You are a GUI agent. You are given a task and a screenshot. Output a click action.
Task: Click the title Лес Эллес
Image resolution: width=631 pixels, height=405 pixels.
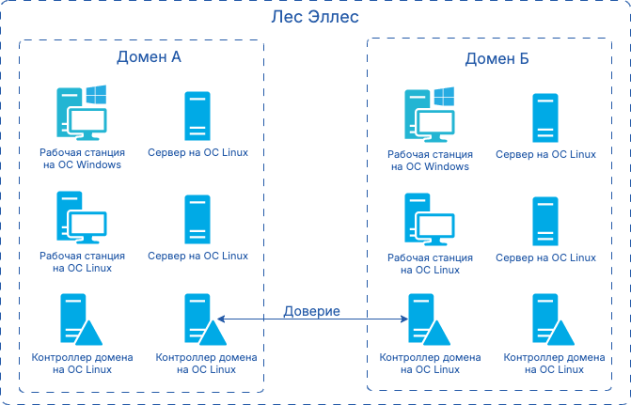pos(315,18)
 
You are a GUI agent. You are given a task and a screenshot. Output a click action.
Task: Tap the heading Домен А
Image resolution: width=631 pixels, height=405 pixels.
pos(149,57)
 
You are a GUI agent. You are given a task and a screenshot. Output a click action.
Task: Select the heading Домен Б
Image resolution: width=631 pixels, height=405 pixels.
pos(497,59)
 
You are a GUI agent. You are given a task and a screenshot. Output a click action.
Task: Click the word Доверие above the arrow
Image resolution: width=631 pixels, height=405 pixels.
pos(312,311)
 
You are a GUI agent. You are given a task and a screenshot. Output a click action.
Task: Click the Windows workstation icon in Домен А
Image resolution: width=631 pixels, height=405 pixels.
pos(81,113)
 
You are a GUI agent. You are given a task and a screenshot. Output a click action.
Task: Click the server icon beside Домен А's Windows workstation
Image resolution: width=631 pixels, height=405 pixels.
pos(197,117)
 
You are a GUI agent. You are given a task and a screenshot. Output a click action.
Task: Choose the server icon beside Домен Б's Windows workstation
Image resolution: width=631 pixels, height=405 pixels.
pos(545,118)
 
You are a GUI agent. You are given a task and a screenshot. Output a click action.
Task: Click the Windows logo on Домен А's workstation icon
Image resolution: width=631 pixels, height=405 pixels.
pos(95,95)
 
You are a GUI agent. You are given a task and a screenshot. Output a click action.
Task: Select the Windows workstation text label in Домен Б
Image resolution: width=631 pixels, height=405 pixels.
pos(429,160)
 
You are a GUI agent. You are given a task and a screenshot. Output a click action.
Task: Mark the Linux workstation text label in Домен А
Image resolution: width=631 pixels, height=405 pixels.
pos(82,261)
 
